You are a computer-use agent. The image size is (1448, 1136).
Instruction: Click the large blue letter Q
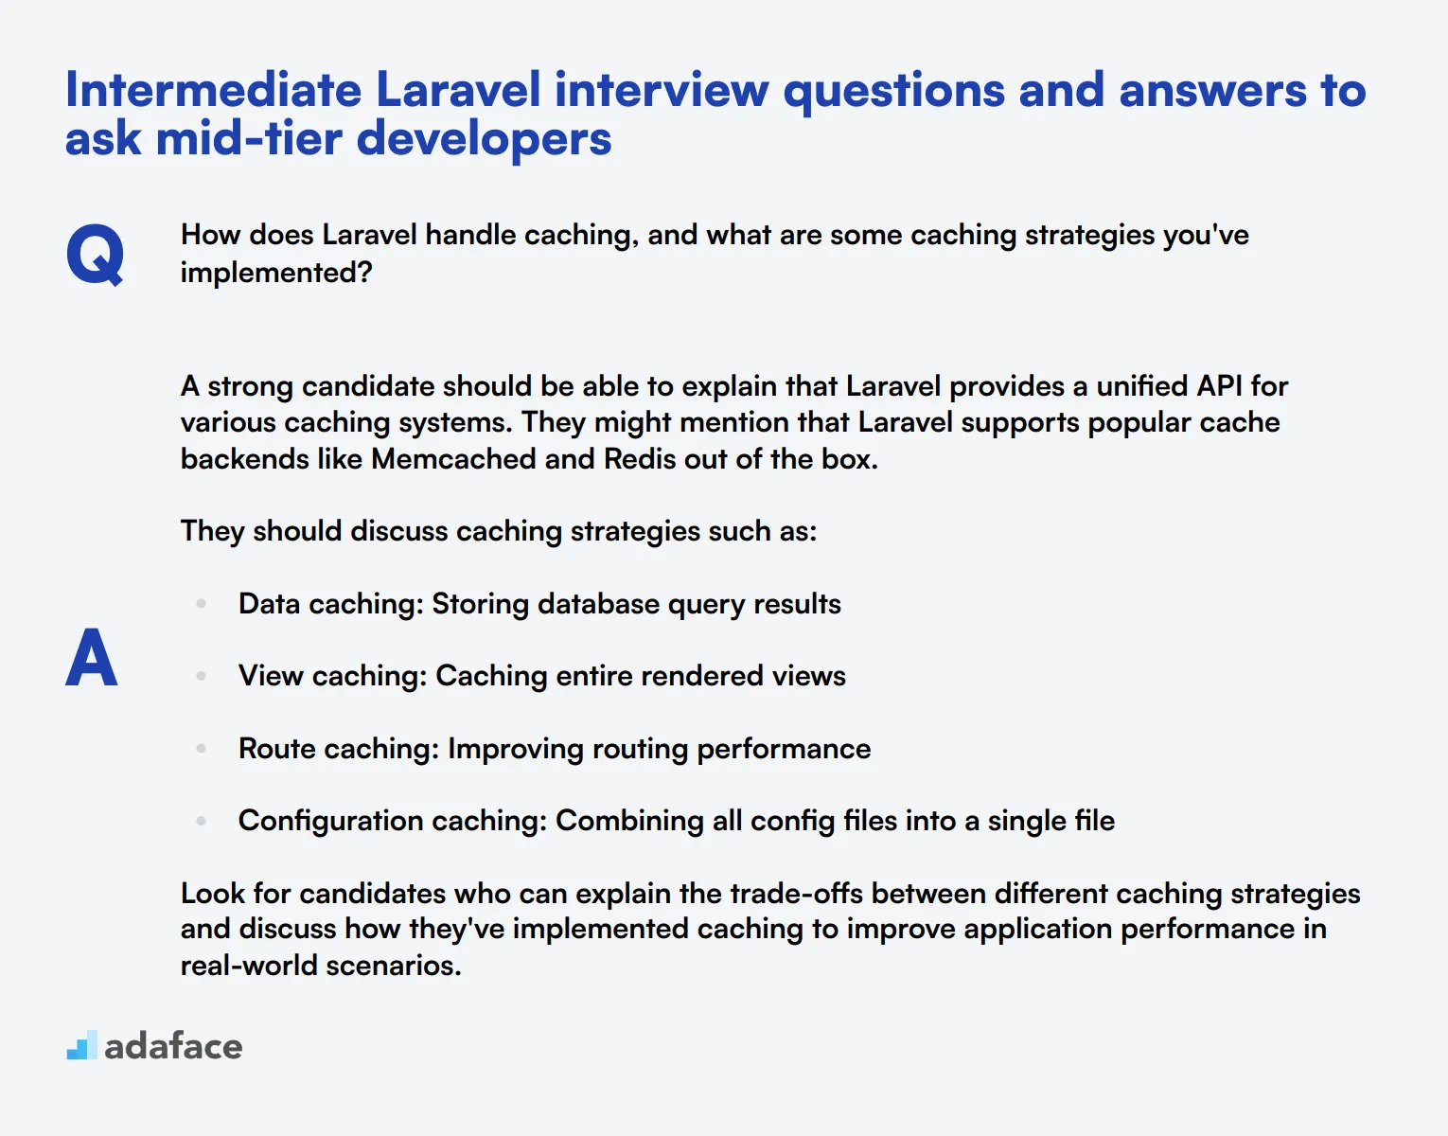[95, 254]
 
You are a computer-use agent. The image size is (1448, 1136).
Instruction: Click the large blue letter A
[92, 658]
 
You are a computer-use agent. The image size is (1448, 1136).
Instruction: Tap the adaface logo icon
[82, 1045]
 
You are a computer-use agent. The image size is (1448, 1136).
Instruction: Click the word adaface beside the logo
[173, 1046]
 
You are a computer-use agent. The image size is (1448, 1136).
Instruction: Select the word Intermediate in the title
[213, 91]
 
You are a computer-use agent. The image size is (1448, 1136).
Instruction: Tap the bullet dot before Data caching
[201, 604]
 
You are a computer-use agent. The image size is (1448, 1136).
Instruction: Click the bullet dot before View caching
[201, 676]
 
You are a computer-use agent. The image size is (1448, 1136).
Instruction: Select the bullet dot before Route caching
[201, 749]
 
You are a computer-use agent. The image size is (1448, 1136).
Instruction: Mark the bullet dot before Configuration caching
[201, 821]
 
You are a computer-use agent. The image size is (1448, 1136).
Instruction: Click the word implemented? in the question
[276, 273]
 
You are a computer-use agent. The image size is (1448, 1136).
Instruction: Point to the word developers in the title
[484, 139]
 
